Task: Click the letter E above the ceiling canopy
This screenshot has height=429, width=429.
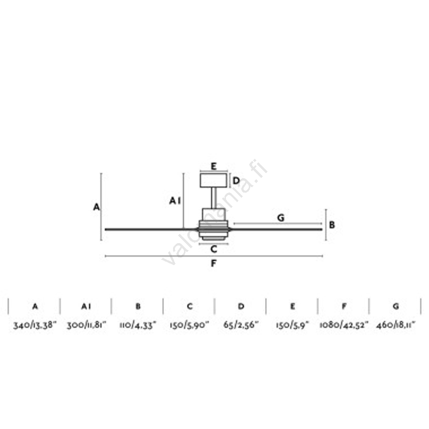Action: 214,166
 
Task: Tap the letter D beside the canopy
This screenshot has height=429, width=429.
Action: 236,181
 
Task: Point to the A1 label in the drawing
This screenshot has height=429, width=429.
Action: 175,201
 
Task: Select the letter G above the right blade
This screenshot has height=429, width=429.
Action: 281,218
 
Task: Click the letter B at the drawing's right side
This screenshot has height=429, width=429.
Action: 332,225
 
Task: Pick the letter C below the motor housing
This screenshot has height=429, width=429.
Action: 214,249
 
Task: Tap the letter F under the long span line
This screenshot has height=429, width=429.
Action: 214,263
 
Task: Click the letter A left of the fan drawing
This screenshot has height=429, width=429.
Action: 96,207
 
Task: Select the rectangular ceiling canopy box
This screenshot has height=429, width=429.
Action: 214,180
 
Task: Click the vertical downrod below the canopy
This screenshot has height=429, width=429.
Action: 214,198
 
